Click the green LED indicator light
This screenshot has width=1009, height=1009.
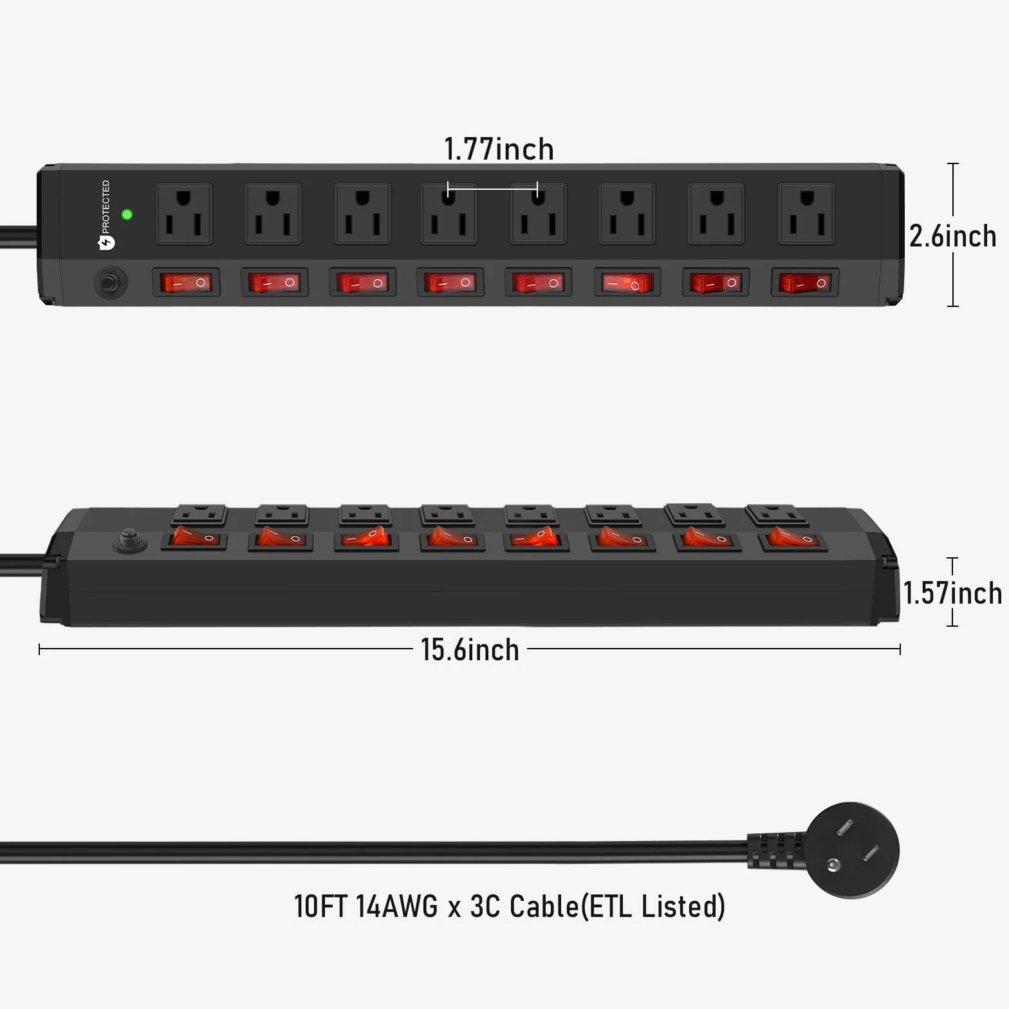[127, 214]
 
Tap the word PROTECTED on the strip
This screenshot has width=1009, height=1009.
[106, 207]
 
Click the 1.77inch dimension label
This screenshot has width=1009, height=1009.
[499, 149]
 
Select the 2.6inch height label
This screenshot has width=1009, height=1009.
[952, 236]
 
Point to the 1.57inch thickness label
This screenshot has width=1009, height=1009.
[952, 593]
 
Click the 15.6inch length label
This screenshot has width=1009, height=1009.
[470, 649]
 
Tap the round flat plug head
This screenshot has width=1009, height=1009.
[852, 850]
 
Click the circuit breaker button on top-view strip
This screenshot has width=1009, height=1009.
[111, 282]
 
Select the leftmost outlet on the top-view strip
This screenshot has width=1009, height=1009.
[184, 214]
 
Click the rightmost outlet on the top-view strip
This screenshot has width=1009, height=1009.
[806, 214]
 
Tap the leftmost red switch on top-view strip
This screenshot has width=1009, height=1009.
[186, 282]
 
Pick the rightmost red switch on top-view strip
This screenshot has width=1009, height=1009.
[804, 282]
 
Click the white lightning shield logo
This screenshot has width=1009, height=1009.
[106, 243]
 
